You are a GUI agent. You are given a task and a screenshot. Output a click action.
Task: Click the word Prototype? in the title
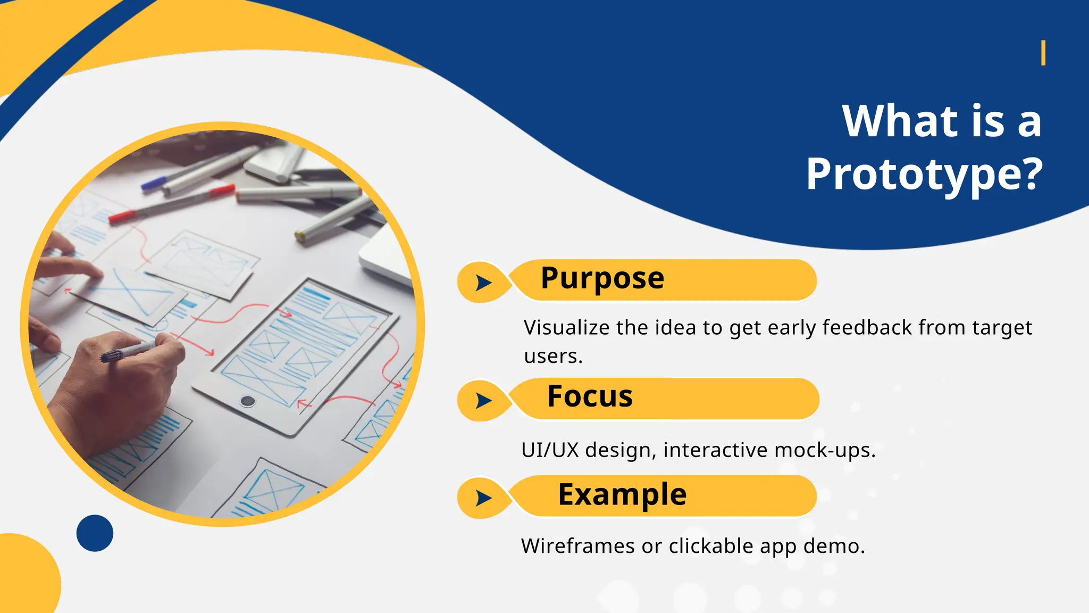pos(924,175)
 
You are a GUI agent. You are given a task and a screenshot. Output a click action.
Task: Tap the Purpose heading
pos(602,278)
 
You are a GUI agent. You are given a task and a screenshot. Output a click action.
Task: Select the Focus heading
pos(590,396)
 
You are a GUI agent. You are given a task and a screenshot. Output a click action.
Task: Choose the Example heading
pos(622,494)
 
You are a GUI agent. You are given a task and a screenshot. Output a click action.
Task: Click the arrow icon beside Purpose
pos(483,283)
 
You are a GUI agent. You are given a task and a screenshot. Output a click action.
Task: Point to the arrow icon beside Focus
pos(483,400)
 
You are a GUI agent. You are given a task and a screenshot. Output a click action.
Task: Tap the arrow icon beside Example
pos(483,498)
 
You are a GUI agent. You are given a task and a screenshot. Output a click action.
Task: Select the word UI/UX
pos(549,450)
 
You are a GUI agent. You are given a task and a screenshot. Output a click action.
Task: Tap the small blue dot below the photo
pos(95,533)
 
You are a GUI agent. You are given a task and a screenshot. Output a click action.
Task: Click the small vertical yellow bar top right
pos(1043,53)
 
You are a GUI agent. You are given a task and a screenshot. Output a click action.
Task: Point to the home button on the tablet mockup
pos(247,401)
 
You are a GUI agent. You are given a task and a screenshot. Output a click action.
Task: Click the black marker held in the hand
pos(128,352)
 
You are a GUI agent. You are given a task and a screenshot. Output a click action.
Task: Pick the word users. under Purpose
pos(553,356)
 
